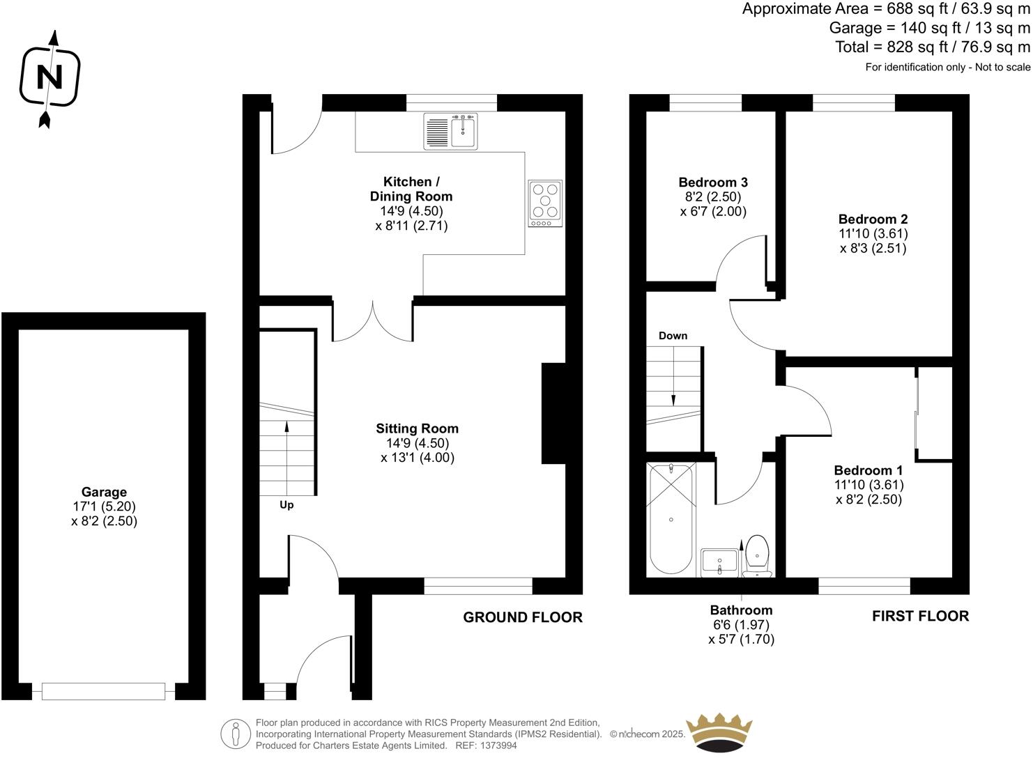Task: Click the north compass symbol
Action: click(49, 77)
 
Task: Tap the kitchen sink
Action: click(463, 131)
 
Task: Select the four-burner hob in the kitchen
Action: click(545, 203)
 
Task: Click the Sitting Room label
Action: click(417, 428)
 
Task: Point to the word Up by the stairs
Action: click(286, 505)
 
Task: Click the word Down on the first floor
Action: click(673, 336)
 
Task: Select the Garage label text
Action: click(104, 492)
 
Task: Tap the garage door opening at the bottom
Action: click(103, 691)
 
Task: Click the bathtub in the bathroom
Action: click(671, 519)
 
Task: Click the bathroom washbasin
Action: click(719, 562)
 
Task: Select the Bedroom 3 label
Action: click(713, 183)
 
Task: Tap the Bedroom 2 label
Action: click(873, 219)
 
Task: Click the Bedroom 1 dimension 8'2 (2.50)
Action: click(869, 500)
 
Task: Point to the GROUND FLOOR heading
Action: click(523, 617)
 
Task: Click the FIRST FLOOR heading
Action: click(920, 616)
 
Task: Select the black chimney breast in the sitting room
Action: click(553, 413)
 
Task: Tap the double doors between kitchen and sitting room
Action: click(373, 322)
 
